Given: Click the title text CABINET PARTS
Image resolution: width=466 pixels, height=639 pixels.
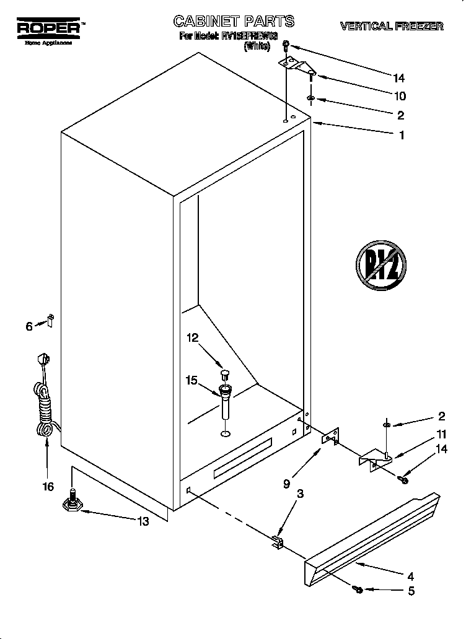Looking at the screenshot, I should click(234, 22).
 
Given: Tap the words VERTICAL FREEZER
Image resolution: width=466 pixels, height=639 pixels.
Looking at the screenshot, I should click(391, 26).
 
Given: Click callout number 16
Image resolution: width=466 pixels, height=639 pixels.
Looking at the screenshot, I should click(48, 487).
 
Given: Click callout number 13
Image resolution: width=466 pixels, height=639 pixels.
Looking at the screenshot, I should click(143, 521).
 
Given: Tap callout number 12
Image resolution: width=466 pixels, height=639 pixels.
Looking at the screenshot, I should click(193, 337).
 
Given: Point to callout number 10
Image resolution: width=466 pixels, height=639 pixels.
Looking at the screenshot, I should click(400, 96).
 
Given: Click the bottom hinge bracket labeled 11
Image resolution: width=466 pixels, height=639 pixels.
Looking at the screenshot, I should click(374, 459).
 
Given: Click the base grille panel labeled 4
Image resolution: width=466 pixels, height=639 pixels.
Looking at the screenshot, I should click(372, 539).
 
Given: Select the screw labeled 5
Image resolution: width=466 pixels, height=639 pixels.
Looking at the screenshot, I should click(358, 589).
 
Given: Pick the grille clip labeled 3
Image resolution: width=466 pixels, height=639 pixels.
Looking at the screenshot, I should click(277, 543).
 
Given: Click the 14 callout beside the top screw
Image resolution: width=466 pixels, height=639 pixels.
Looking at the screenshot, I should click(398, 78).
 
